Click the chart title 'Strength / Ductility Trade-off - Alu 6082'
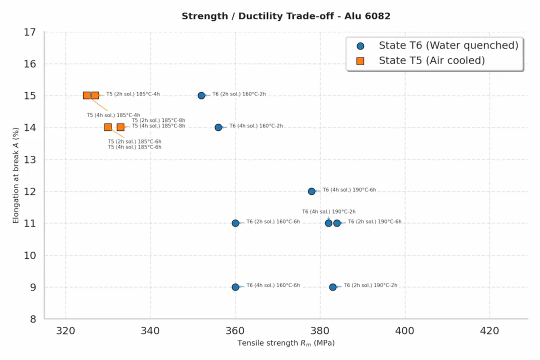pyautogui.click(x=286, y=16)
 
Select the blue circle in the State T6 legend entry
pyautogui.click(x=360, y=45)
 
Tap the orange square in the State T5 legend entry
pyautogui.click(x=360, y=61)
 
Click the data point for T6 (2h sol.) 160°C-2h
pyautogui.click(x=201, y=95)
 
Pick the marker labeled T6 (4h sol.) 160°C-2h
pyautogui.click(x=218, y=127)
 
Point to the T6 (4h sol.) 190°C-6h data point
pyautogui.click(x=311, y=191)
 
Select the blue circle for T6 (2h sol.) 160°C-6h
pyautogui.click(x=235, y=223)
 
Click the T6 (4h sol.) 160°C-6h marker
pyautogui.click(x=235, y=287)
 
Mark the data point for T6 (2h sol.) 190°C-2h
pyautogui.click(x=333, y=287)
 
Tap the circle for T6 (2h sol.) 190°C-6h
pyautogui.click(x=337, y=223)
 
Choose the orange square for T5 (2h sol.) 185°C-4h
pyautogui.click(x=95, y=95)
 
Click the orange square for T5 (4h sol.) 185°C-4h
pyautogui.click(x=87, y=95)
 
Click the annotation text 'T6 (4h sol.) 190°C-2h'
pyautogui.click(x=328, y=212)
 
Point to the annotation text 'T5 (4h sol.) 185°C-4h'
pyautogui.click(x=113, y=115)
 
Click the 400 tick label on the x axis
pyautogui.click(x=405, y=330)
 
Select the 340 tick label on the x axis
pyautogui.click(x=150, y=330)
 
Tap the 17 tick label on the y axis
pyautogui.click(x=29, y=32)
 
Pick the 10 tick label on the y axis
pyautogui.click(x=29, y=255)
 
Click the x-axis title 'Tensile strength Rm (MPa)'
pyautogui.click(x=286, y=343)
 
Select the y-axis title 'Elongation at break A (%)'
pyautogui.click(x=16, y=175)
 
